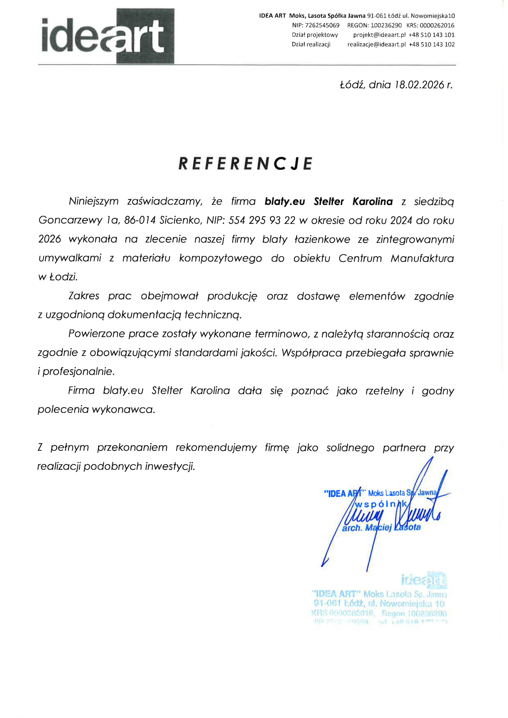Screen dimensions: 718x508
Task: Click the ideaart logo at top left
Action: point(108,36)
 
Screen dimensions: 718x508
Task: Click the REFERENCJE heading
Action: point(245,164)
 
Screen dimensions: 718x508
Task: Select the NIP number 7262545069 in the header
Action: point(322,25)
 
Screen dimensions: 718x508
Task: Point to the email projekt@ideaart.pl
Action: point(379,35)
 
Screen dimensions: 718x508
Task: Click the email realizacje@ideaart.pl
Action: point(376,44)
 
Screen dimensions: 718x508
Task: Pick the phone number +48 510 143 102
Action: point(432,44)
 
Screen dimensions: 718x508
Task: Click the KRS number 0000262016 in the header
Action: point(437,25)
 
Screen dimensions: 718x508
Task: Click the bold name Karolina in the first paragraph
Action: point(372,202)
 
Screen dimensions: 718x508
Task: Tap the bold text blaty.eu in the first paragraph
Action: point(285,202)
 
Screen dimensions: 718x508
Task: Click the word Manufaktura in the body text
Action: point(422,258)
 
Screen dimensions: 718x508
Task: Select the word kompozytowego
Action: point(220,258)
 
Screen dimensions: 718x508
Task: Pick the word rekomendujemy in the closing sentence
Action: point(216,448)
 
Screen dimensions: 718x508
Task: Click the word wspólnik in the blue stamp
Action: point(381,504)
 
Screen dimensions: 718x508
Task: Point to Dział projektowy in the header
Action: point(315,35)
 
